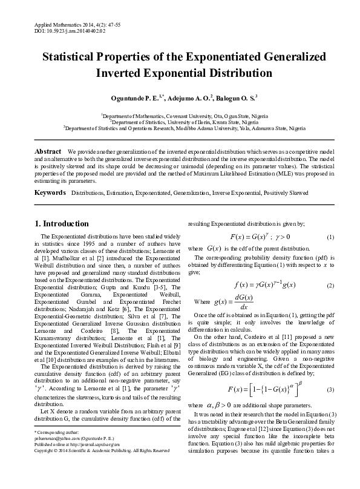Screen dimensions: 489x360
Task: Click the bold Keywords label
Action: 50,192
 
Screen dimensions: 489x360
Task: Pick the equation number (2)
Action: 330,285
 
